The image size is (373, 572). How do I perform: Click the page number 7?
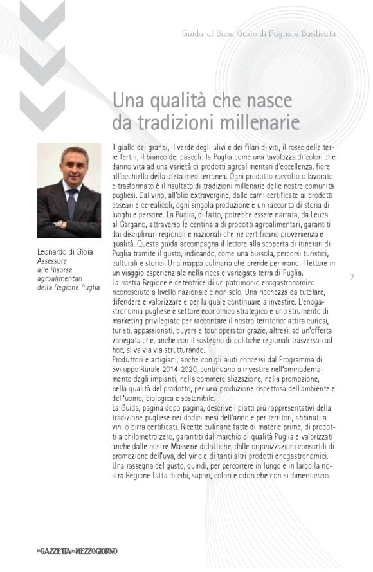[353, 278]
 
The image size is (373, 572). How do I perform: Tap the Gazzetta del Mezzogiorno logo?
[77, 551]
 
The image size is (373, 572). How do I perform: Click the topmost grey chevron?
[42, 19]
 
